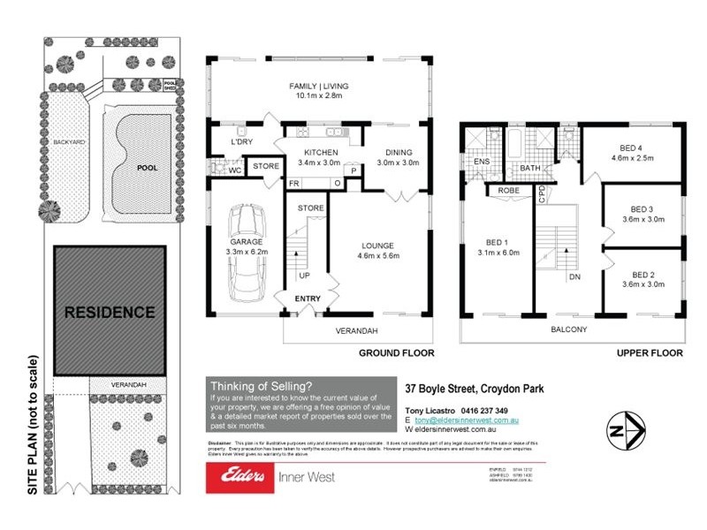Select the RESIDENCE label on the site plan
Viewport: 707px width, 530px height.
click(110, 312)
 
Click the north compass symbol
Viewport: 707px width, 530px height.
click(622, 431)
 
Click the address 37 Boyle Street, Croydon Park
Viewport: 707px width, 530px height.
click(475, 387)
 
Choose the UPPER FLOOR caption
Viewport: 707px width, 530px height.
click(650, 352)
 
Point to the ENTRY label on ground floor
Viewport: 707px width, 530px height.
click(308, 299)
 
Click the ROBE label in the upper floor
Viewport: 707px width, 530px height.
click(508, 189)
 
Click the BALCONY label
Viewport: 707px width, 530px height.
click(570, 329)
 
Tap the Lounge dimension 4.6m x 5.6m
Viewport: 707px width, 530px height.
click(382, 257)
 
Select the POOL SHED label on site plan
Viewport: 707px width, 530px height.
click(170, 86)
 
